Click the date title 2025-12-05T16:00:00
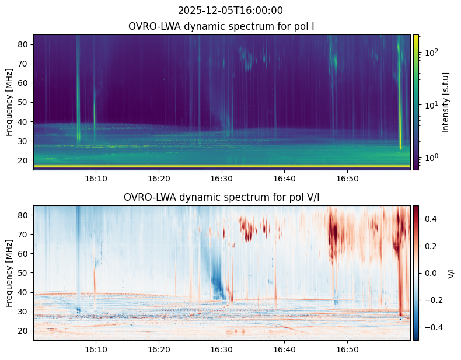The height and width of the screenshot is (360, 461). [x=230, y=11]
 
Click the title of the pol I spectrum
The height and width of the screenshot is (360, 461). [x=222, y=26]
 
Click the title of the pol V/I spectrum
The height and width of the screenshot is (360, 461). [x=222, y=197]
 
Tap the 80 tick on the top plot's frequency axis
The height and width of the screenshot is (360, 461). [x=25, y=44]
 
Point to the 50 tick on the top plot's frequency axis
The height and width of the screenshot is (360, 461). [x=25, y=102]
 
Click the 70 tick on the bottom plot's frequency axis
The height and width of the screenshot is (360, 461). [x=25, y=235]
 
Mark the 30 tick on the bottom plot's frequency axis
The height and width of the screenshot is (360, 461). [x=25, y=312]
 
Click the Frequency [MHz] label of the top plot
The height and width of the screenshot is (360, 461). [x=10, y=102]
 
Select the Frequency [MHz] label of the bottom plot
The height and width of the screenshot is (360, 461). [x=10, y=272]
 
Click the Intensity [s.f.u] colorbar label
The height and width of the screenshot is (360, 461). [x=446, y=102]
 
